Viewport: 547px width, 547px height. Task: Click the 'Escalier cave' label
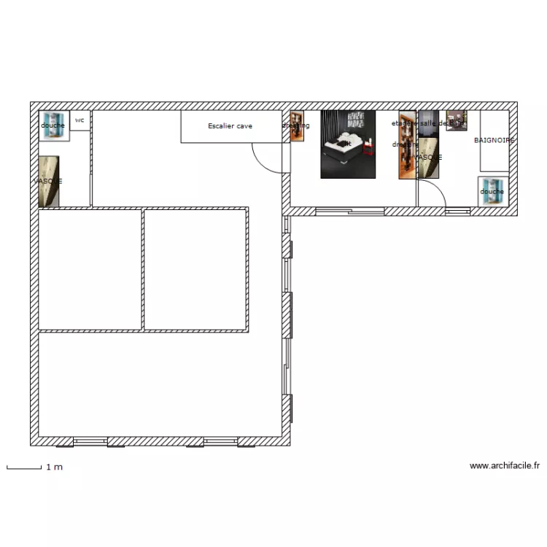[230, 126]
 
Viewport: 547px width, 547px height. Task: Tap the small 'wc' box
[79, 120]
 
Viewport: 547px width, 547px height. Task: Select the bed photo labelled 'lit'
[348, 144]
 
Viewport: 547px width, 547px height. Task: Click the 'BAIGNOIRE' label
[494, 140]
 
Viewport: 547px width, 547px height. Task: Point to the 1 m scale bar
[24, 467]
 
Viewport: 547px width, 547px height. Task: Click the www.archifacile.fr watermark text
[505, 465]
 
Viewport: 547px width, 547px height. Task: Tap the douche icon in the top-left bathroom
[53, 125]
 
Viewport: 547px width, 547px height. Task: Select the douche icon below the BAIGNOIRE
[492, 189]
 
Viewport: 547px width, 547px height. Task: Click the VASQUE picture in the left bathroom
[48, 181]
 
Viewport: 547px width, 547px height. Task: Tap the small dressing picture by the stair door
[296, 125]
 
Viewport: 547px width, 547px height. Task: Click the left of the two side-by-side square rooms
[90, 269]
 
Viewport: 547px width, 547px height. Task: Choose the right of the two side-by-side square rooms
[195, 269]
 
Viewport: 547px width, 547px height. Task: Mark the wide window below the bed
[350, 212]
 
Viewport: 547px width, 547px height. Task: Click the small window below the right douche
[457, 212]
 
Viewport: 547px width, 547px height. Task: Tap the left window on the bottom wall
[90, 441]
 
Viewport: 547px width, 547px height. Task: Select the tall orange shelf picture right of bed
[407, 144]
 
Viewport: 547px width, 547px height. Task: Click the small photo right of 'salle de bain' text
[457, 120]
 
